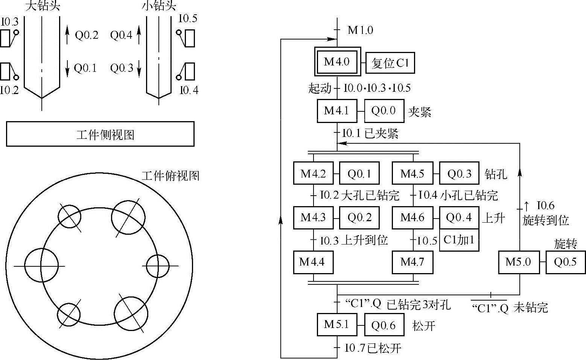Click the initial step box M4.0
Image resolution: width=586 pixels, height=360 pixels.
337,62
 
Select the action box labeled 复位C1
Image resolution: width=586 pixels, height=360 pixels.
390,63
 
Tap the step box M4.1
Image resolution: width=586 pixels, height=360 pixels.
337,111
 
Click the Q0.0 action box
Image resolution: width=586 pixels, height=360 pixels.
384,111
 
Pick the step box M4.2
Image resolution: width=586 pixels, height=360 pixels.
313,173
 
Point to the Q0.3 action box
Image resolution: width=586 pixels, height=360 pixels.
459,173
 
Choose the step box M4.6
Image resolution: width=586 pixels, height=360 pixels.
412,217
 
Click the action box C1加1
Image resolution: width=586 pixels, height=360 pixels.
459,240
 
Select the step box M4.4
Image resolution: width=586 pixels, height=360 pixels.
313,262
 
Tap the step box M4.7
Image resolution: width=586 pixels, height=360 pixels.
412,262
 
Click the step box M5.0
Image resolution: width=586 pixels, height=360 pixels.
518,262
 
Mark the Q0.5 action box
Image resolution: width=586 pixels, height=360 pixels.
565,262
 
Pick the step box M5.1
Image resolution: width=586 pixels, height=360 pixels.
337,324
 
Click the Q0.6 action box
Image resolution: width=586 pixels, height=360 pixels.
384,325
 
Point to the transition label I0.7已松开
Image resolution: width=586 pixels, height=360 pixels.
373,348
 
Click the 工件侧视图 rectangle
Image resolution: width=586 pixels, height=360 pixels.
100,134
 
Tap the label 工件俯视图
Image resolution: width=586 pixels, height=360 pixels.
170,176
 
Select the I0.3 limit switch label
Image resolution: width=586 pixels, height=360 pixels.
9,21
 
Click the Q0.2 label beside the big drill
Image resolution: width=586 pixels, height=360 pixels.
87,35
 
